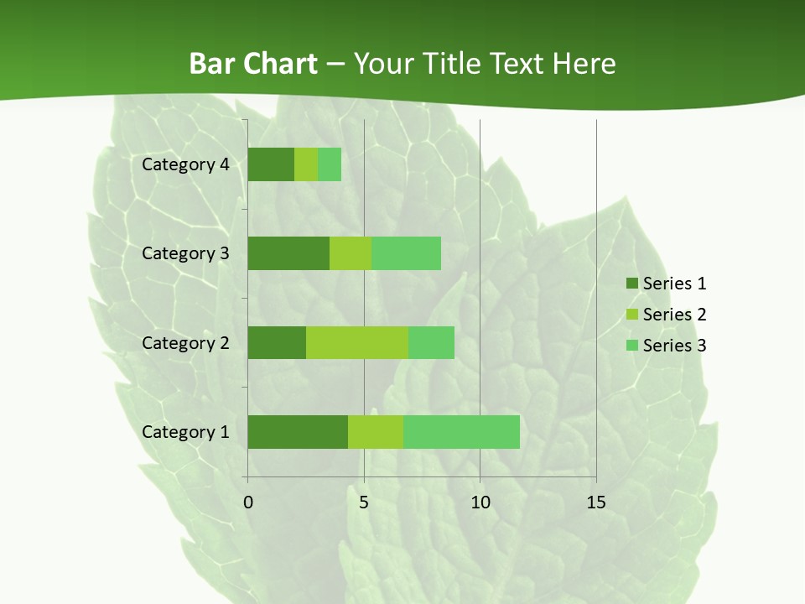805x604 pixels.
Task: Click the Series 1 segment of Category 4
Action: tap(271, 164)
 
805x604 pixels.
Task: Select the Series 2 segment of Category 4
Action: tap(306, 164)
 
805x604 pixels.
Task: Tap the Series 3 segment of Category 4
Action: tap(330, 164)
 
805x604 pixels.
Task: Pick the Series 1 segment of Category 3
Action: tap(288, 253)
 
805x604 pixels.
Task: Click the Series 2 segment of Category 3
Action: tap(351, 253)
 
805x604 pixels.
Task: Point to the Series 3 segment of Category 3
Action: tap(406, 253)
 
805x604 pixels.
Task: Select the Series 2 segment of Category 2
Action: tap(357, 342)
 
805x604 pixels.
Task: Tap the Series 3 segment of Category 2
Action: tap(431, 342)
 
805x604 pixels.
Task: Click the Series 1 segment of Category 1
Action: tap(298, 432)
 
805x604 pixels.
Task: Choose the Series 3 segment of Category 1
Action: tap(461, 432)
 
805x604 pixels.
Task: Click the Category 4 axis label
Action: tap(185, 164)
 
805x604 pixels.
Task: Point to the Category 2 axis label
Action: tap(185, 342)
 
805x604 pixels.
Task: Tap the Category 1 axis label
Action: tap(185, 432)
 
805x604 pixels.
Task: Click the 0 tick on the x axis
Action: tap(248, 502)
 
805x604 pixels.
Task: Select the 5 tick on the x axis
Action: tap(364, 502)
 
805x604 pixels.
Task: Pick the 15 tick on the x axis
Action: tap(596, 502)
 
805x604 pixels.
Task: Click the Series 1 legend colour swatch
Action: tap(631, 284)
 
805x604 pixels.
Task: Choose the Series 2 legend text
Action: tap(675, 315)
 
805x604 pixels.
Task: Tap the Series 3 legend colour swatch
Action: tap(631, 346)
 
